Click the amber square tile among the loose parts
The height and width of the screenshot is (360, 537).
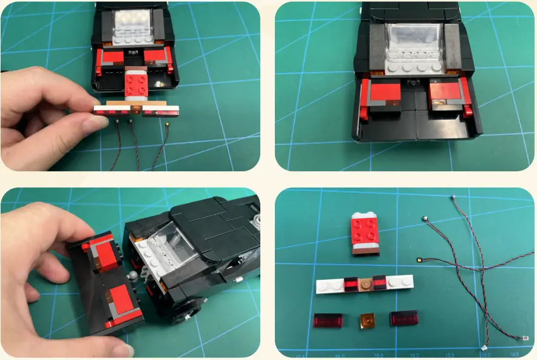click(x=366, y=320)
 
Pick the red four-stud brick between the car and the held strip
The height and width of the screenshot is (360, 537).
click(x=137, y=84)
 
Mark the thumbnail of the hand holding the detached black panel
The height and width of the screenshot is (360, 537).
click(x=123, y=350)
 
